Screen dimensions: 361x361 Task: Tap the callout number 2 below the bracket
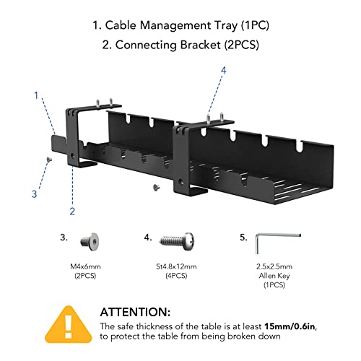tap(72, 211)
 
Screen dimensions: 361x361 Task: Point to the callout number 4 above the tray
tap(223, 71)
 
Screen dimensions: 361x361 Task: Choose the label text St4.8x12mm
tap(173, 266)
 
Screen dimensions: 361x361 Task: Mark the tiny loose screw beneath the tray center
tap(157, 188)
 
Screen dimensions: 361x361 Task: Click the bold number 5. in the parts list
tap(243, 235)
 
